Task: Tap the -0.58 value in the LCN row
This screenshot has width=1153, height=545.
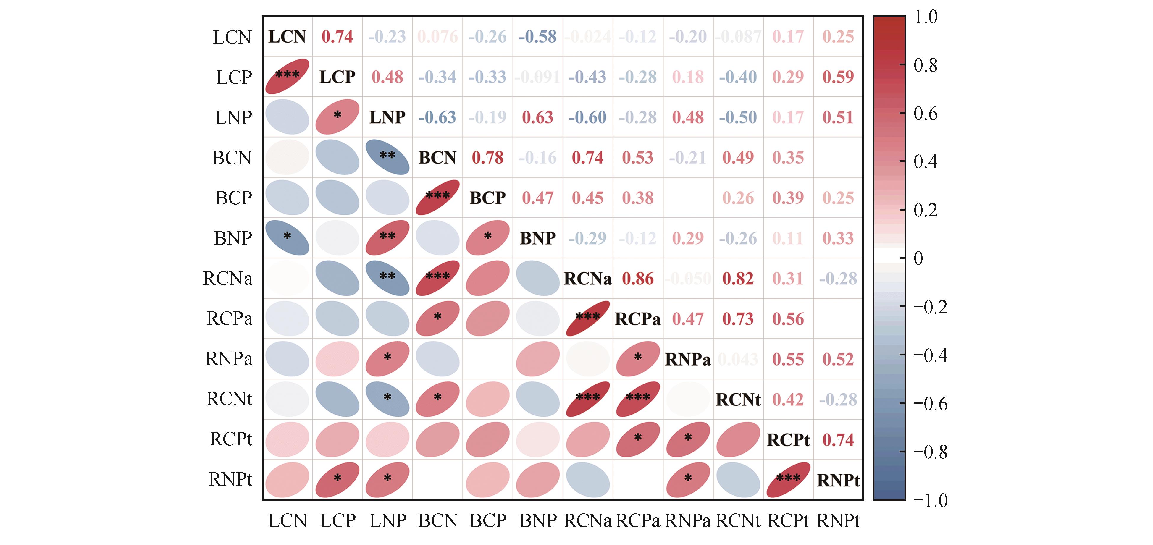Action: (x=537, y=36)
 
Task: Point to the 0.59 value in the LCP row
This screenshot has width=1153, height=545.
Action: (x=838, y=77)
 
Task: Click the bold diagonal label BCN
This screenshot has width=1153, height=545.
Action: (x=437, y=158)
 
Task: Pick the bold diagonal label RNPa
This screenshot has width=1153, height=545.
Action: (x=687, y=359)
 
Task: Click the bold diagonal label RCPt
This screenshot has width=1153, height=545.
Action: (x=788, y=440)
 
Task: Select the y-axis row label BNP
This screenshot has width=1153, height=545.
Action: (x=233, y=238)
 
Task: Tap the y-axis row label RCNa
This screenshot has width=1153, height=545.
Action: (x=228, y=278)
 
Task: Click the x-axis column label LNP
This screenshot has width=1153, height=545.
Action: (x=387, y=520)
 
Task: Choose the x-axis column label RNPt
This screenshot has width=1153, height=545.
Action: (x=838, y=520)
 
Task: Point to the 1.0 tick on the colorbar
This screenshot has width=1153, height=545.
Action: (x=926, y=17)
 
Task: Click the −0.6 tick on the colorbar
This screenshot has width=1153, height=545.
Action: (x=930, y=404)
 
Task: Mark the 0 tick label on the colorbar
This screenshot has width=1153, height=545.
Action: (x=918, y=258)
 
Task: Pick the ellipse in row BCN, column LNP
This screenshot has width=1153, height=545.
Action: (x=387, y=157)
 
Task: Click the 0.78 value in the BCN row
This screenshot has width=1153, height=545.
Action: (x=487, y=158)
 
